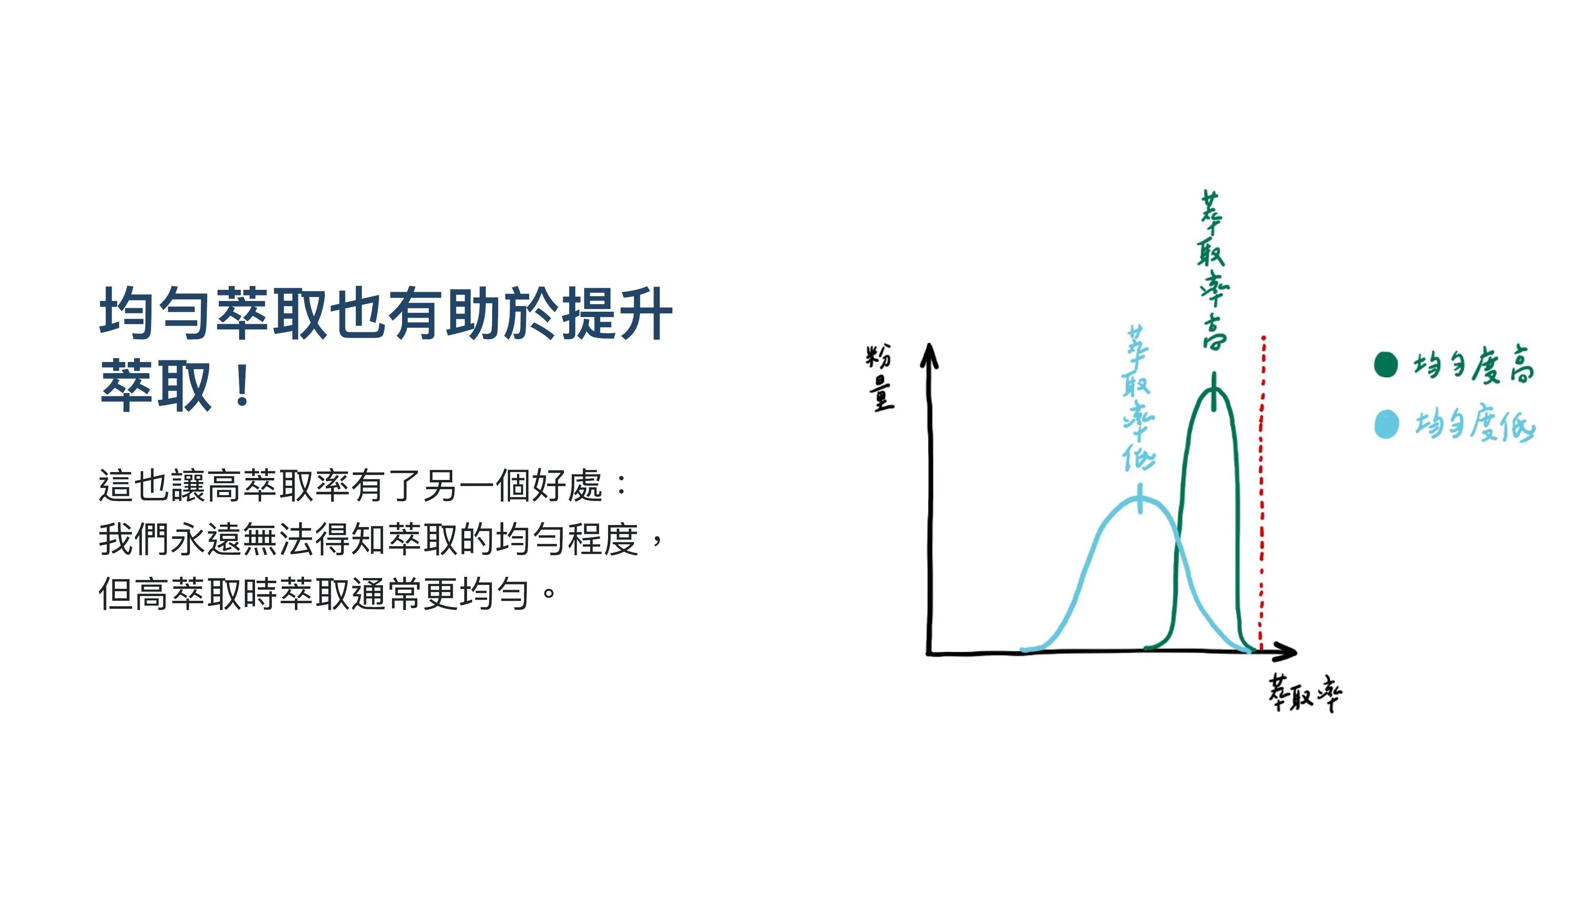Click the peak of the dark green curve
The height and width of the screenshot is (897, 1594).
(x=1213, y=389)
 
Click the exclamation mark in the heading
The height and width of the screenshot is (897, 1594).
(x=243, y=385)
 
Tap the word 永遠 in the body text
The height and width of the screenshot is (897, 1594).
(x=206, y=539)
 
